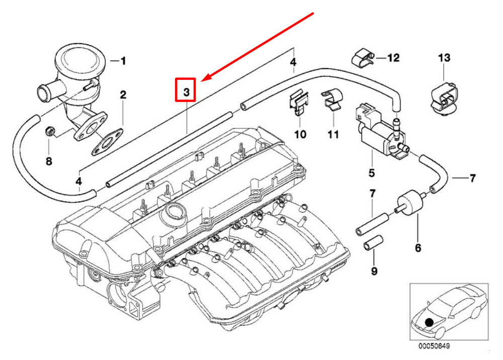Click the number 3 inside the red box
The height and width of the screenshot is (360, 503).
(187, 93)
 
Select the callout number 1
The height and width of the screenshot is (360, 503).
(123, 61)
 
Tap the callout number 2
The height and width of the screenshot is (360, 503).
(123, 95)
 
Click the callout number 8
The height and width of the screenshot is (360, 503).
(49, 161)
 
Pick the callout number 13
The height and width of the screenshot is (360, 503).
(444, 58)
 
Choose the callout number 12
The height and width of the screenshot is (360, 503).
(394, 58)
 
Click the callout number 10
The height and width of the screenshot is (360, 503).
(300, 134)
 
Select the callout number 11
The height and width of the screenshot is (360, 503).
(333, 134)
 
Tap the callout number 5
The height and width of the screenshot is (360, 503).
(372, 173)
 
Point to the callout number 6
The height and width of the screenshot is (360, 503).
(418, 248)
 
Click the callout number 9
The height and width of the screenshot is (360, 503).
(374, 271)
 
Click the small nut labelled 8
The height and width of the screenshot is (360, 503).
(50, 131)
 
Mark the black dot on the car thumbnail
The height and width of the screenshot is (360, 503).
(429, 322)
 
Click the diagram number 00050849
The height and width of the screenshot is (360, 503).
(434, 346)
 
